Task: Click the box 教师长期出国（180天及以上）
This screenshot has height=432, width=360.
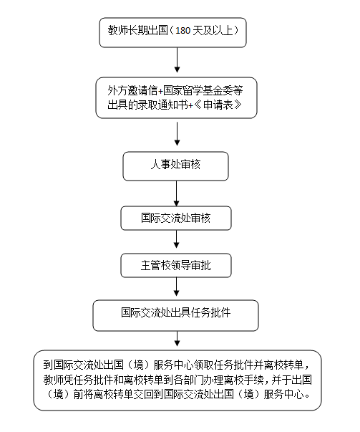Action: point(177,33)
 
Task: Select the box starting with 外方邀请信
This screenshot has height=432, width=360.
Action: point(177,98)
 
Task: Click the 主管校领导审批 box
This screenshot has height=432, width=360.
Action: point(175,265)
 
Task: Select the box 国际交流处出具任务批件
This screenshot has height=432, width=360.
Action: point(175,314)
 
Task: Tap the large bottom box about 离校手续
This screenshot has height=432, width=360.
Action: point(177,380)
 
